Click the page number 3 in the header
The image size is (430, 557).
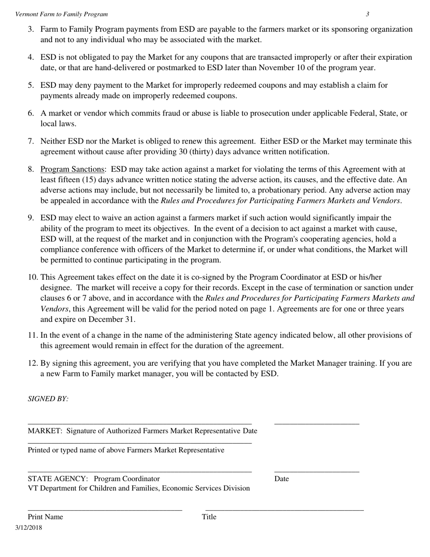coord(368,14)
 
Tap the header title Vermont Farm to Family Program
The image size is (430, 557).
coord(62,14)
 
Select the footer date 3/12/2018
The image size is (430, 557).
coord(29,528)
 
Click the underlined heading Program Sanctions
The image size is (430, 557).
coord(72,169)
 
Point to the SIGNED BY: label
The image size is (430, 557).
coord(48,399)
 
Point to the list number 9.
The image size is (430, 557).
coord(31,218)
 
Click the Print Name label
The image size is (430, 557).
coord(45,517)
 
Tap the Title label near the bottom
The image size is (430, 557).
coord(209,517)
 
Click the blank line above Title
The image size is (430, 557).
coord(284,510)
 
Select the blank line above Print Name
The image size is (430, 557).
coord(105,510)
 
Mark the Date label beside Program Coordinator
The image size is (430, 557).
coord(282,479)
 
